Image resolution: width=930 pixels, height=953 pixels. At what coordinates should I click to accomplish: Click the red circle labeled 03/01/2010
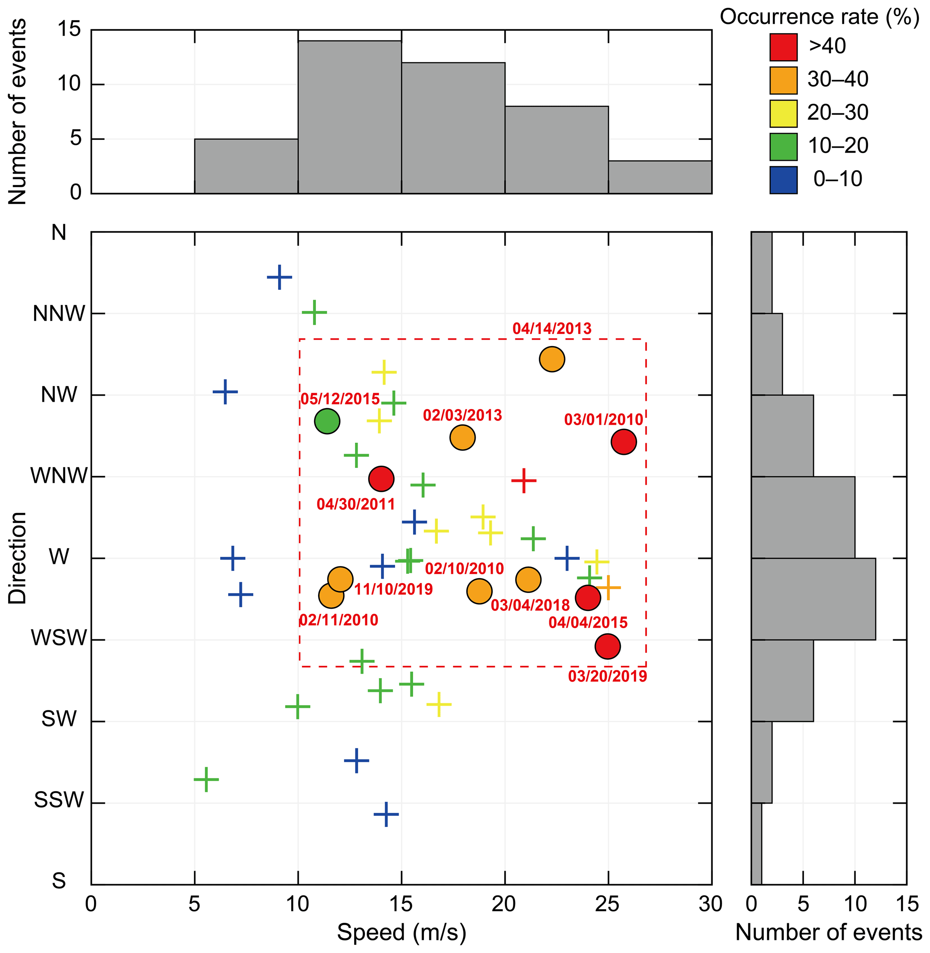624,441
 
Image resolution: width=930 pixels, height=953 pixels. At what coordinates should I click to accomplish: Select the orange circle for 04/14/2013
552,359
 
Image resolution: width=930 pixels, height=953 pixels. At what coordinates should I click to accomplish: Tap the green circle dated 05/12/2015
327,421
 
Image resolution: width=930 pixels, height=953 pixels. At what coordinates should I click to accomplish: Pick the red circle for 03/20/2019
607,646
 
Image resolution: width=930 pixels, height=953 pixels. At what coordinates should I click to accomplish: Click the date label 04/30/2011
355,504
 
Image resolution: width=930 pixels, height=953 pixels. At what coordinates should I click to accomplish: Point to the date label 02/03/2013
462,415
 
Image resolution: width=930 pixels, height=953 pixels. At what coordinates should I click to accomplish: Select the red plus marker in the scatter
524,481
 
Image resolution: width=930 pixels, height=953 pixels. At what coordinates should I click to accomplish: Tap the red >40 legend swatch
783,47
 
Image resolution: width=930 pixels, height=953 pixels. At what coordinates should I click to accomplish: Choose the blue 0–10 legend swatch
783,180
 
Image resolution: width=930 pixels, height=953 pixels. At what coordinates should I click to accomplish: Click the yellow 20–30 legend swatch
783,113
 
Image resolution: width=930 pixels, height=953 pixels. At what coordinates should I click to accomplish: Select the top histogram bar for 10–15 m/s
350,117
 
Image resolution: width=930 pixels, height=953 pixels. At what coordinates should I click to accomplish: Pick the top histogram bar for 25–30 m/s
660,177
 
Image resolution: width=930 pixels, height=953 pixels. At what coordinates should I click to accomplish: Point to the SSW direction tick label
59,800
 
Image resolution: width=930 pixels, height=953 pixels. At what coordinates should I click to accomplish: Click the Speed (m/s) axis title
401,932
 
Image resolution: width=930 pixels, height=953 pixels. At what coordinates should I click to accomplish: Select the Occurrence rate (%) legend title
819,17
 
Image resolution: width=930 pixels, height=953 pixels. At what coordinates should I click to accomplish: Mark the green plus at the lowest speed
206,779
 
